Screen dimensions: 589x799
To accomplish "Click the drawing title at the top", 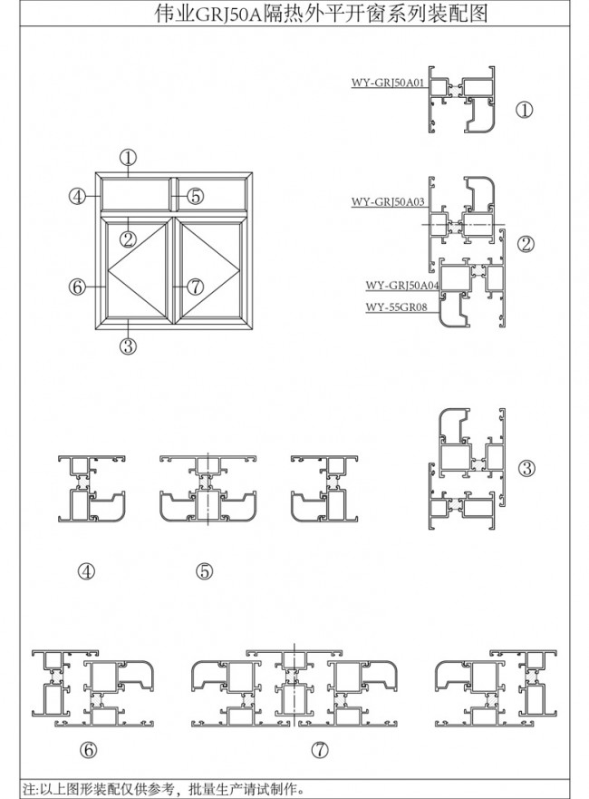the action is point(321,14).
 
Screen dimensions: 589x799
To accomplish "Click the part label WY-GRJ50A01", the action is point(388,83).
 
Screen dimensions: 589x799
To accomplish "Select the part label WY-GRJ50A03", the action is point(388,201).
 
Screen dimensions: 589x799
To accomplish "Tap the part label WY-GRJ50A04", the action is point(402,286).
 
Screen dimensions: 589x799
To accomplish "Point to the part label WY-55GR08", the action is point(396,307).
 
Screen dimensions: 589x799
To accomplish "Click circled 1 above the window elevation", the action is point(129,158).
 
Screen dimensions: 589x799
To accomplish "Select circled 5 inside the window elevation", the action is point(195,196).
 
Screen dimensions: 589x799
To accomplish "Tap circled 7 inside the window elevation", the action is point(195,287).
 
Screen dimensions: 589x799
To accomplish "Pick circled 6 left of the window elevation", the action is point(77,287).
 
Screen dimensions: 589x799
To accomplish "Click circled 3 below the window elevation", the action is point(129,346).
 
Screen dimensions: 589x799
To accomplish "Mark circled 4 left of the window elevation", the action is point(77,196).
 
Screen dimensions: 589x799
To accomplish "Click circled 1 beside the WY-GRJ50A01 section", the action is point(525,110).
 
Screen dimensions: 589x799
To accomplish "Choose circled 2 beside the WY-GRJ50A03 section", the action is point(526,245).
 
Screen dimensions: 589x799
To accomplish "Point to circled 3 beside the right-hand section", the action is point(526,468).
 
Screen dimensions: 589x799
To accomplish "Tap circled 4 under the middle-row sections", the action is point(87,571).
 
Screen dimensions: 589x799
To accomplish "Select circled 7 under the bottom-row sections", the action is point(320,749).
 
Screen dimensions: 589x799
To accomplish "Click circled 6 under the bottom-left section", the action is point(88,749).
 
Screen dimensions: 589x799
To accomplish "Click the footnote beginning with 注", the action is point(164,789).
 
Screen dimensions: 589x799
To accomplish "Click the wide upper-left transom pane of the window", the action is point(135,194).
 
